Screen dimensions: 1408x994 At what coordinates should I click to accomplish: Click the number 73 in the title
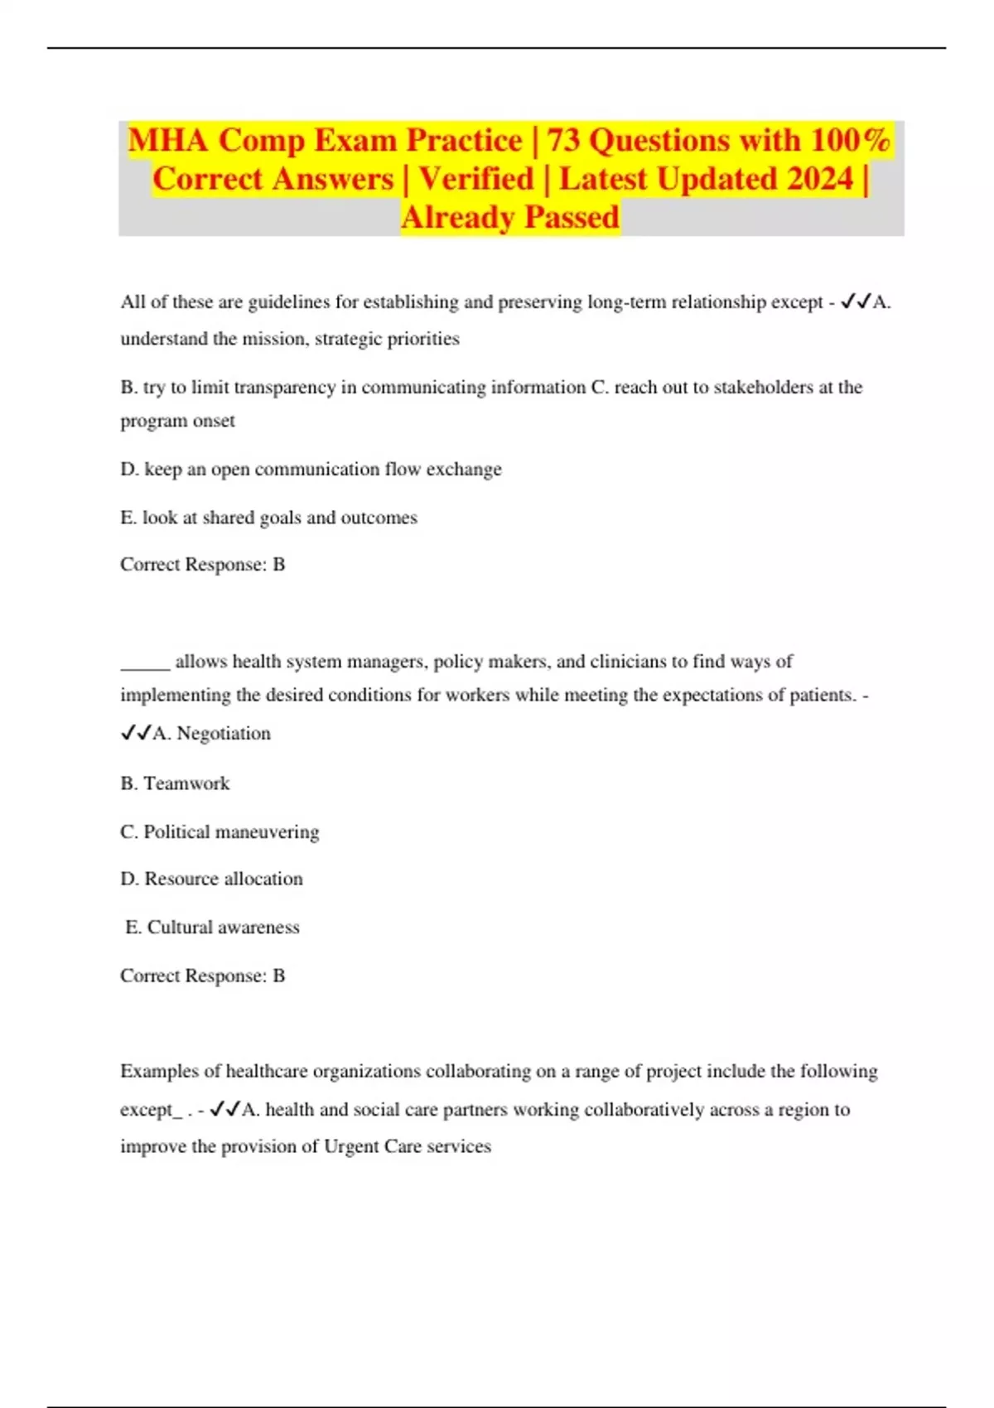click(563, 141)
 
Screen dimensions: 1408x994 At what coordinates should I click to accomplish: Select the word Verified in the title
click(476, 179)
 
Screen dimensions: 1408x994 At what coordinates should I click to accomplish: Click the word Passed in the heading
click(572, 217)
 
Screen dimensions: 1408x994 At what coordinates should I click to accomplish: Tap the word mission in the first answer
click(270, 339)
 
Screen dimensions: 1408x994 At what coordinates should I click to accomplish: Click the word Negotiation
click(224, 734)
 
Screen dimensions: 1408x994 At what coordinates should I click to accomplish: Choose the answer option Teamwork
click(186, 784)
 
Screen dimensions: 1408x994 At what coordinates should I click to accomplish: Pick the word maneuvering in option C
click(268, 832)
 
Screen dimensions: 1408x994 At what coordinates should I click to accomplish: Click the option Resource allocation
click(224, 879)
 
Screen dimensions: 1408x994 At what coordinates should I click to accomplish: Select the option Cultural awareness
click(223, 928)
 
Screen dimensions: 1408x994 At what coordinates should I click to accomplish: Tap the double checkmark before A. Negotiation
click(136, 733)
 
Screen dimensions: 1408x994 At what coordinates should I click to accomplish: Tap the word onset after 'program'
click(215, 422)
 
